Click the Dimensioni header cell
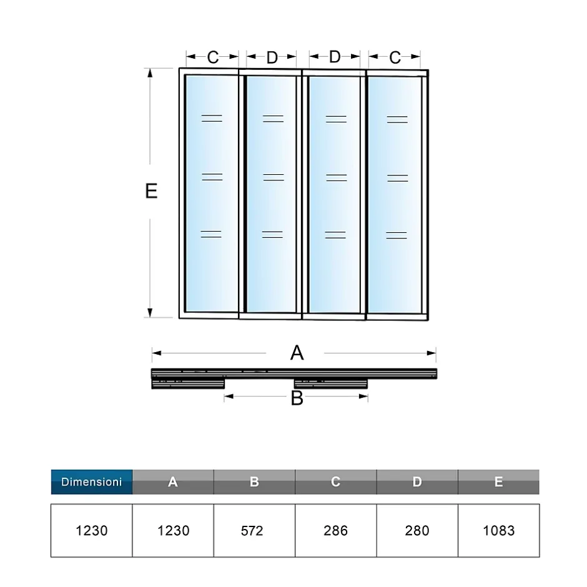[x=91, y=482]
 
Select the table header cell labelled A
[x=173, y=482]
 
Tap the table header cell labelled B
[x=254, y=482]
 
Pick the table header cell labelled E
[x=498, y=482]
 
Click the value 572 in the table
[x=254, y=531]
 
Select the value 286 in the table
[x=335, y=531]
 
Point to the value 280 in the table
[x=417, y=531]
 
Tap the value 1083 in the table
[x=498, y=531]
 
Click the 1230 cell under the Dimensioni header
[x=91, y=531]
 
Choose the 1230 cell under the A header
[x=173, y=531]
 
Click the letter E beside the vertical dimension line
[x=151, y=191]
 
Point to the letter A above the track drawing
[x=297, y=353]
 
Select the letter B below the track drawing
[x=297, y=398]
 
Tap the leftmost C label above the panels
[x=213, y=57]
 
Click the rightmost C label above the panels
[x=395, y=57]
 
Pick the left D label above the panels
[x=272, y=57]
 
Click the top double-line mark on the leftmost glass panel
[x=212, y=118]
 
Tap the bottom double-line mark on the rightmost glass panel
[x=397, y=235]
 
